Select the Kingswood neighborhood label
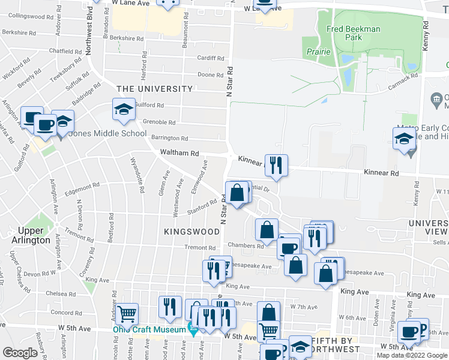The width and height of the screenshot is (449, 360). click(191, 231)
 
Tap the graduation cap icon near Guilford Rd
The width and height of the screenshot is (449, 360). click(124, 110)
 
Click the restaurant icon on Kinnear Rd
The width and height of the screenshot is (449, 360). click(276, 165)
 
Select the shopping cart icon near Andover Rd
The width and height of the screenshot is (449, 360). click(127, 313)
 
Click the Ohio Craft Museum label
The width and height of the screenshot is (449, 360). click(149, 329)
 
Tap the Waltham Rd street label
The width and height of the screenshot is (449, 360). click(179, 154)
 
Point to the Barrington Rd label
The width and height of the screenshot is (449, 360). click(169, 138)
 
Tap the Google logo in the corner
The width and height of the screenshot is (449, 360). click(20, 353)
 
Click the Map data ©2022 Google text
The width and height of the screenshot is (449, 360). click(412, 355)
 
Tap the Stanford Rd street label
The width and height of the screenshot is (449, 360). click(202, 207)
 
